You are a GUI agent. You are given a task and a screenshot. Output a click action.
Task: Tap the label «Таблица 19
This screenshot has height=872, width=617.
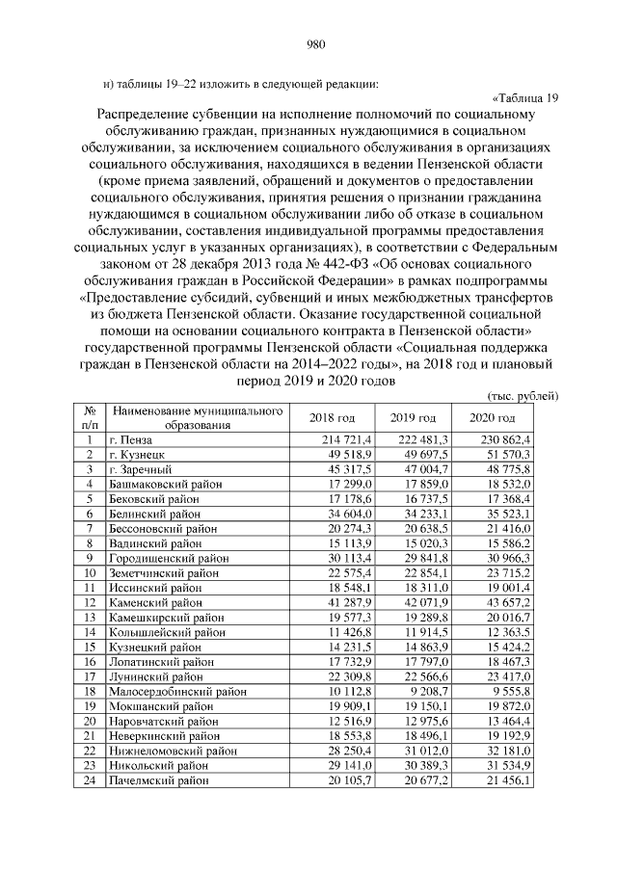[525, 97]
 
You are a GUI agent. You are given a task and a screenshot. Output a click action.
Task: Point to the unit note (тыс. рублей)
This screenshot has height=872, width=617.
[520, 396]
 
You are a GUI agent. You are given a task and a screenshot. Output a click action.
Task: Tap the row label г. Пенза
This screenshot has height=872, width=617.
[132, 439]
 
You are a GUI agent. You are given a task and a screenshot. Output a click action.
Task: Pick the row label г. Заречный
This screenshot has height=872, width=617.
[141, 468]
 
